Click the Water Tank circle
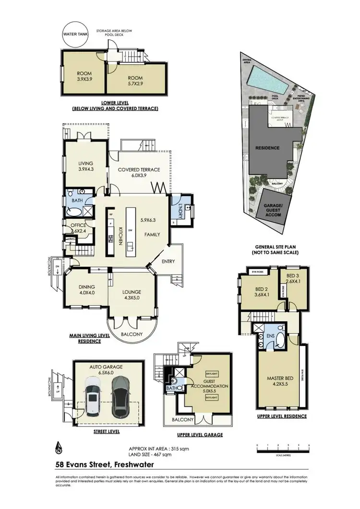[x=73, y=36]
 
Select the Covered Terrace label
[x=138, y=172]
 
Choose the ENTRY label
[x=168, y=261]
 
